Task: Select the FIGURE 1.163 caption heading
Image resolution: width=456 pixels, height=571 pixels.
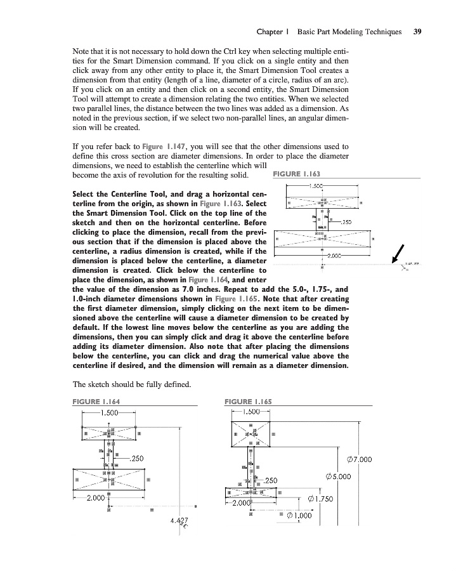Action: [x=296, y=173]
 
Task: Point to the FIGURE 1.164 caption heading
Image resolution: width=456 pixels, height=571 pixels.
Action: [x=97, y=401]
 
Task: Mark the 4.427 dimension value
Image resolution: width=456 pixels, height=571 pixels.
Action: [x=180, y=522]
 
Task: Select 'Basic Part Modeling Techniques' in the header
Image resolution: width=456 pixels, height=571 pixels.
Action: [x=349, y=31]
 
